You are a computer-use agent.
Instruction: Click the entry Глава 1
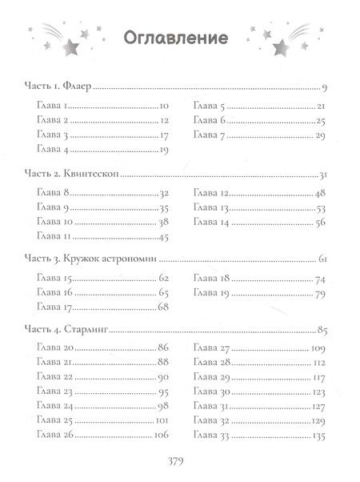pyautogui.click(x=53, y=106)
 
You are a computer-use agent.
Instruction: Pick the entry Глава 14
pyautogui.click(x=211, y=223)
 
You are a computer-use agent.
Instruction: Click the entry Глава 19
pyautogui.click(x=211, y=293)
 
